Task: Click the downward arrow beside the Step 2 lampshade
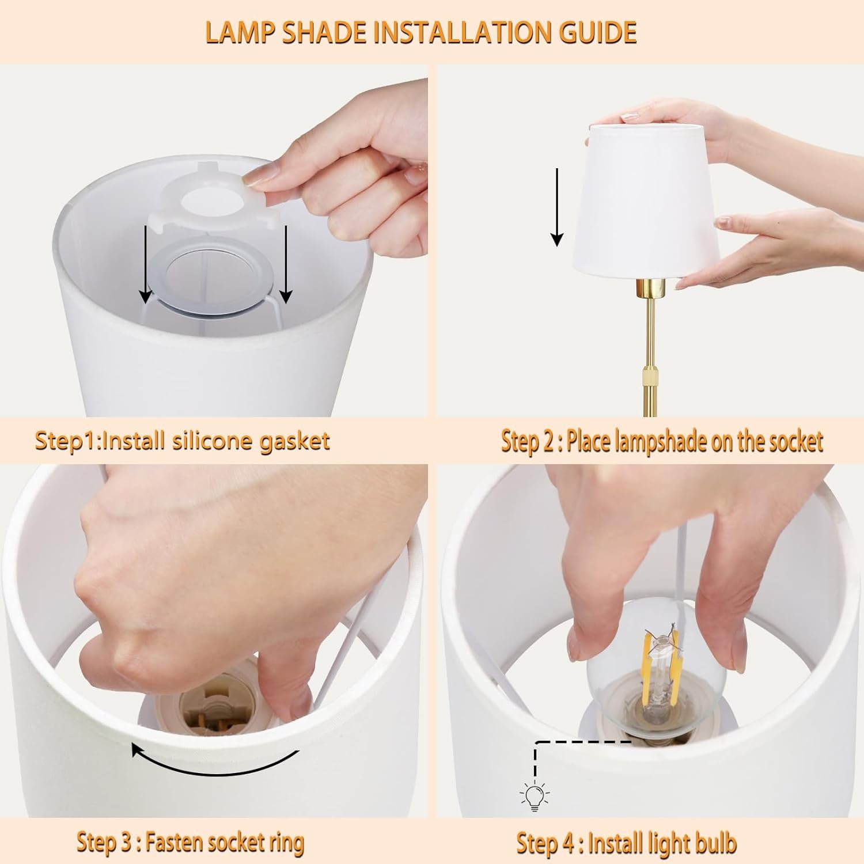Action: coord(556,207)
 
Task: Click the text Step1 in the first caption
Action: coord(67,442)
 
